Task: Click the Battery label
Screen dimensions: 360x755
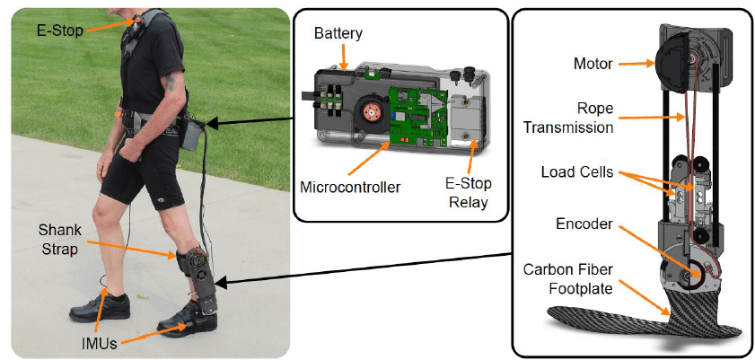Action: tap(338, 33)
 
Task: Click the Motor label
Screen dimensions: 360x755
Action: tap(593, 64)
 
